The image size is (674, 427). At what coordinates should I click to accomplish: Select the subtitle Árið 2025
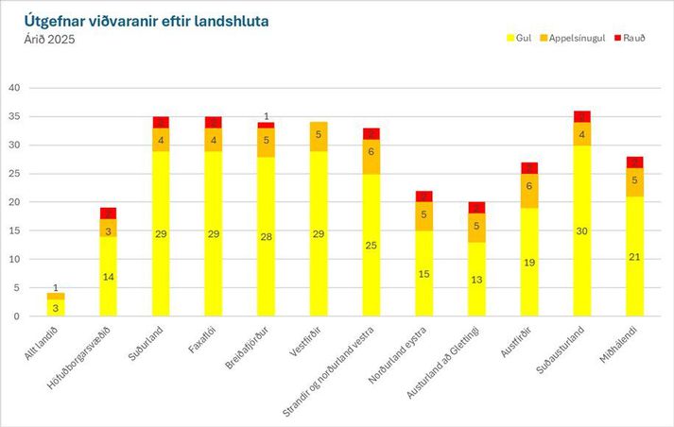(49, 39)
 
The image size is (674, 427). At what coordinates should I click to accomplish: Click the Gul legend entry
(519, 37)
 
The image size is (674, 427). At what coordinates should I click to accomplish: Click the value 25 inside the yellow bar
(372, 245)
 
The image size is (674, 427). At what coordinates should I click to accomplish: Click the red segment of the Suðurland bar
(161, 122)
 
